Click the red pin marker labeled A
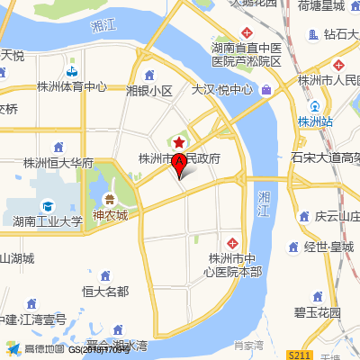[x=179, y=165]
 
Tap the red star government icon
[x=179, y=143]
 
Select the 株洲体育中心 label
[x=72, y=87]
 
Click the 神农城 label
[x=110, y=215]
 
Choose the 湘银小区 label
[x=149, y=91]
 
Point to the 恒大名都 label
[x=105, y=291]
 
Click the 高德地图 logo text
[x=43, y=348]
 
